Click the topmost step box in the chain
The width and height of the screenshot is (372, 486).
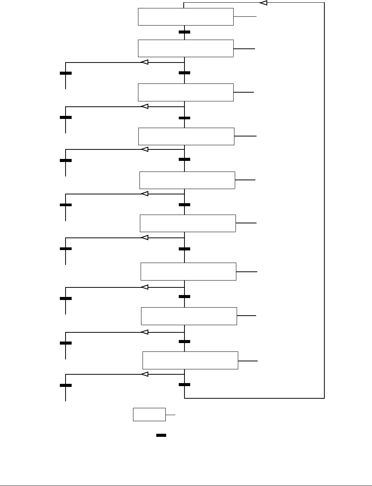[x=186, y=17]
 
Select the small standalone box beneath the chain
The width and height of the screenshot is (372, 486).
[x=149, y=414]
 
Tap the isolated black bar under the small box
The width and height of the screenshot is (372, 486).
[x=161, y=435]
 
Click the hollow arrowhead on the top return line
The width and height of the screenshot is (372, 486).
[x=263, y=3]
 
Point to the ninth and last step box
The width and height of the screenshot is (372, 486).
[x=190, y=360]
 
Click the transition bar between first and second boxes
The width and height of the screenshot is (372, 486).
[x=184, y=32]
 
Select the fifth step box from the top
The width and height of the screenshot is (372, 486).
[x=187, y=180]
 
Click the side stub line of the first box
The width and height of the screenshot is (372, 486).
[x=245, y=17]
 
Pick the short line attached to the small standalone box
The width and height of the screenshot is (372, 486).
[x=170, y=414]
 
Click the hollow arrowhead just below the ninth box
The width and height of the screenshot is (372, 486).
[x=144, y=374]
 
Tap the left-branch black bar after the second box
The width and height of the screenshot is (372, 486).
[x=66, y=73]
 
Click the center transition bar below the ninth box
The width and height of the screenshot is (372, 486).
[x=184, y=385]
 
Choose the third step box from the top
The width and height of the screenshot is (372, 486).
[x=186, y=92]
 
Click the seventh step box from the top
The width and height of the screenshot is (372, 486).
[x=188, y=271]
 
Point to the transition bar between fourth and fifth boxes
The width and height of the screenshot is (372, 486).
[x=184, y=159]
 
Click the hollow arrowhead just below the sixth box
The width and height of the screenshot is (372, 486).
[x=144, y=238]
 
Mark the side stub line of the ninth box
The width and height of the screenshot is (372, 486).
[x=248, y=361]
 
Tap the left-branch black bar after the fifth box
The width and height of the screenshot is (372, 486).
[x=66, y=205]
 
